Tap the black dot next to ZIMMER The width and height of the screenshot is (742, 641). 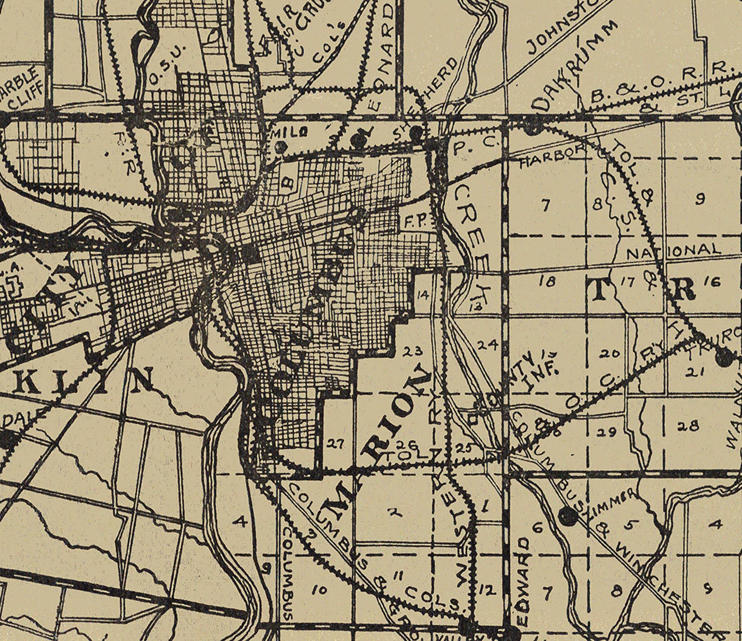coord(567,516)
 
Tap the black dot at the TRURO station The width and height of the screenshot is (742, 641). coord(724,359)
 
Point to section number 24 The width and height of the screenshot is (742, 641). coord(487,344)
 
